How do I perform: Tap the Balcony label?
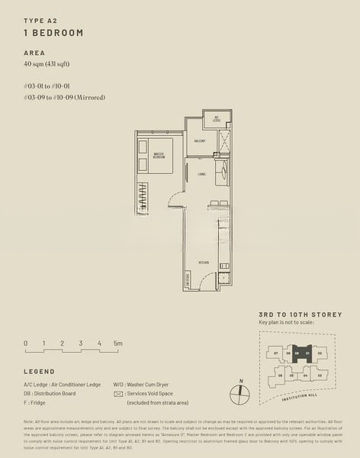coord(199,141)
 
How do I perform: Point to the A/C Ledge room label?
coord(217,120)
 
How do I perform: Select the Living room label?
coord(201,174)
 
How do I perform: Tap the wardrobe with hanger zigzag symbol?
coord(143,197)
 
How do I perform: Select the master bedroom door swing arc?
coord(175,202)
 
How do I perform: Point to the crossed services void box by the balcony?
coord(224,143)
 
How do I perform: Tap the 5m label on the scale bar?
coord(117,343)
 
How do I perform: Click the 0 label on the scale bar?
coord(25,343)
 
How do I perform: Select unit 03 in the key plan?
coord(320,375)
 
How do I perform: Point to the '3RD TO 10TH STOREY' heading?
coord(300,314)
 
